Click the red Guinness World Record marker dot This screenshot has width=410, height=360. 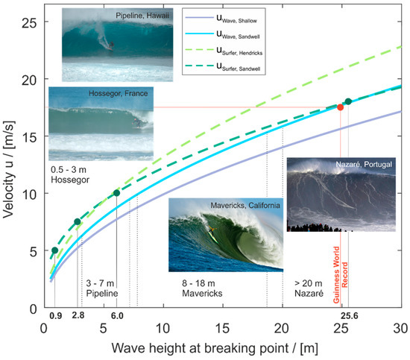(341, 107)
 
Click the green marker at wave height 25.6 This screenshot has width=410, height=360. (348, 101)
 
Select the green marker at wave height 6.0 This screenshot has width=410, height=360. (116, 193)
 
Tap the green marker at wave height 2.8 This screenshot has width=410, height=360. (78, 221)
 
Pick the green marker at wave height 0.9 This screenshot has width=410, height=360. (54, 250)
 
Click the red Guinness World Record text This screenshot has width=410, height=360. (340, 268)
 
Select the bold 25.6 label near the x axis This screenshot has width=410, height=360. (347, 316)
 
